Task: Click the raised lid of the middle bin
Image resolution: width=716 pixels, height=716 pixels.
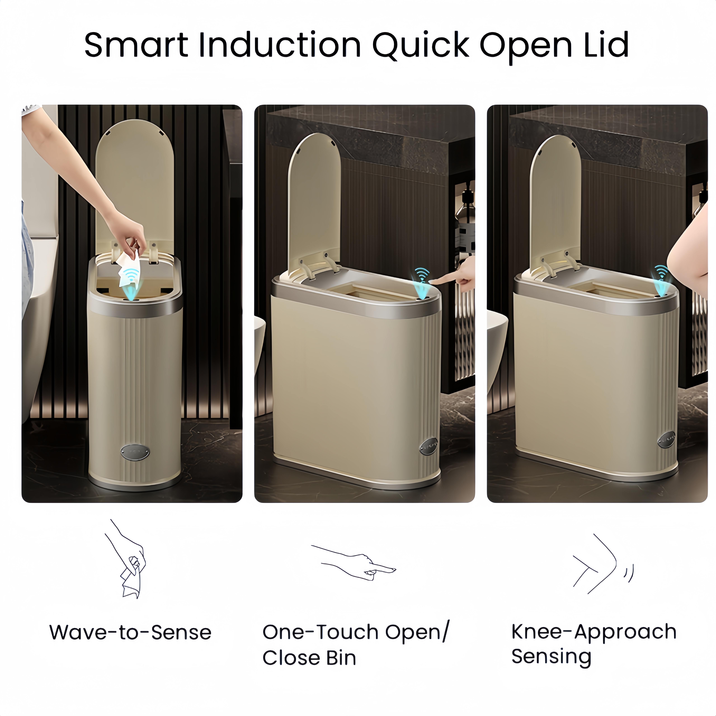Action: coord(314,196)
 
